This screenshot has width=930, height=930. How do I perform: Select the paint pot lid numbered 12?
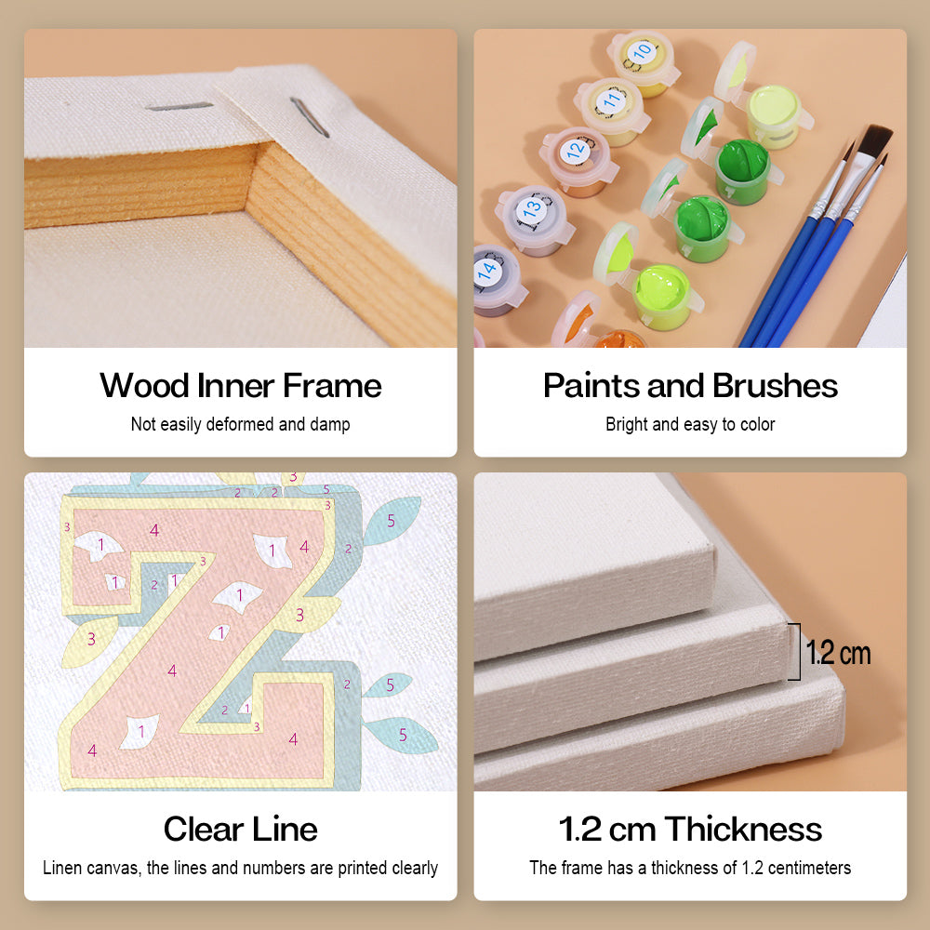(x=576, y=152)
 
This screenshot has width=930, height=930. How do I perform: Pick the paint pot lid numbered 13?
(x=532, y=207)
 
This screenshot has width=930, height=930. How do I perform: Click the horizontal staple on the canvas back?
(x=179, y=107)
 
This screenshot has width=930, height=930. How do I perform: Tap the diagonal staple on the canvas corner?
(x=309, y=117)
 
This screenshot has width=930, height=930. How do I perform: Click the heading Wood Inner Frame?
(x=240, y=386)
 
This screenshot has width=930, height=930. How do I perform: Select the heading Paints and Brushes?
(x=690, y=386)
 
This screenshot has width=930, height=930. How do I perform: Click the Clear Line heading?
(x=240, y=829)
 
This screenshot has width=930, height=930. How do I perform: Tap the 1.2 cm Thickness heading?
(x=690, y=829)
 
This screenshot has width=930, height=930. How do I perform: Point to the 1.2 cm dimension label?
(x=838, y=653)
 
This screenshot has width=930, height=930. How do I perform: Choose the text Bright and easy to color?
(x=690, y=424)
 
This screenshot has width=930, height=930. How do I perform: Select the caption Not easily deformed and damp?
(x=240, y=424)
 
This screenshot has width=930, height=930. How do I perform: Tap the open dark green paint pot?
(x=743, y=169)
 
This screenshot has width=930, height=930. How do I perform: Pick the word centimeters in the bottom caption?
(x=809, y=868)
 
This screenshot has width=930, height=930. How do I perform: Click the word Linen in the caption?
(x=61, y=868)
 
